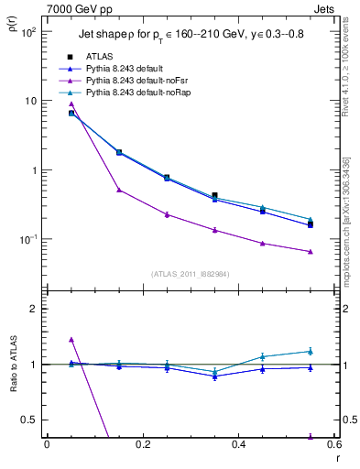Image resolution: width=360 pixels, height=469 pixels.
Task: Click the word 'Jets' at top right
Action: coord(323,7)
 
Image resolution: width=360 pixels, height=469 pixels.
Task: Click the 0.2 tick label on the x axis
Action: coord(142,444)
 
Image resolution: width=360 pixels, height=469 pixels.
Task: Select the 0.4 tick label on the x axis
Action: coord(238,444)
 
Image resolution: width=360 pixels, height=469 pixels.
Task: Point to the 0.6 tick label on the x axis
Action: coord(333,444)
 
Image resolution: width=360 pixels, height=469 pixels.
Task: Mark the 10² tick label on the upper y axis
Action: coord(28,32)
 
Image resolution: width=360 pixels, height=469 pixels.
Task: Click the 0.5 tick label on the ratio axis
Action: coord(29,420)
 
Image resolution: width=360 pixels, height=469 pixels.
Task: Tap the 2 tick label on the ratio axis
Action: coord(32,309)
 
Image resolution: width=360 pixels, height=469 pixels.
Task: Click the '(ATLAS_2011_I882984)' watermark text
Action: coord(190,274)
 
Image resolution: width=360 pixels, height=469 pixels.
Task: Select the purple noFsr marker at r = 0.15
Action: coord(119,190)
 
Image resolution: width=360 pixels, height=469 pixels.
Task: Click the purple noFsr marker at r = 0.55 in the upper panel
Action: coord(311,251)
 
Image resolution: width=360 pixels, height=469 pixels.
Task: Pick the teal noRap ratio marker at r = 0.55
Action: coord(311,351)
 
